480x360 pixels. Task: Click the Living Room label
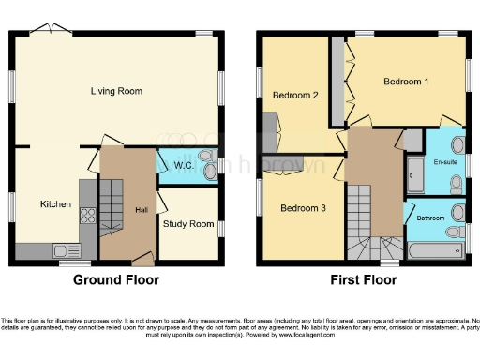click(x=116, y=91)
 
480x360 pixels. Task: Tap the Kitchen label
click(x=55, y=203)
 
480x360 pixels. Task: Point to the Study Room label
click(x=188, y=224)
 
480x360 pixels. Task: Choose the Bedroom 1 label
click(x=406, y=82)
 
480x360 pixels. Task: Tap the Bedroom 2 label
click(x=295, y=95)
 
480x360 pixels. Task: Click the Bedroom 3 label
click(x=303, y=207)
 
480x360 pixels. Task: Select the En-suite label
click(x=445, y=162)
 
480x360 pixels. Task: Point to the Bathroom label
click(x=431, y=218)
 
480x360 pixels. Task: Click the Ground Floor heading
click(x=116, y=279)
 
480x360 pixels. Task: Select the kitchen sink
click(x=66, y=249)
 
